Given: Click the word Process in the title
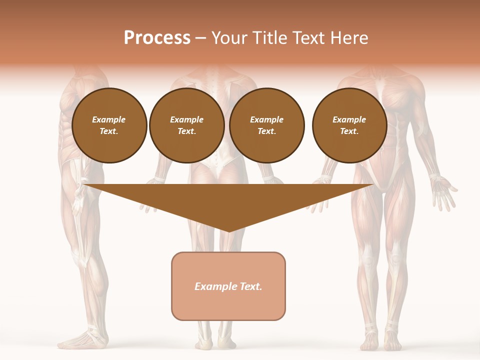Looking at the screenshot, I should (x=157, y=37).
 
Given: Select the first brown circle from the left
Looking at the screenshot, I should (x=109, y=125).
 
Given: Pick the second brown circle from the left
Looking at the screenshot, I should (x=187, y=125).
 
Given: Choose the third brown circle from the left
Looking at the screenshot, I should (x=266, y=125).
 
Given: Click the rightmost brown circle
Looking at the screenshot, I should (x=349, y=125).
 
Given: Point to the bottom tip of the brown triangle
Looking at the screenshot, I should (x=228, y=231).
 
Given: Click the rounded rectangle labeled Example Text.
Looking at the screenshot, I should (x=228, y=286).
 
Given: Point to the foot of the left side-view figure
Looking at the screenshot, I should (x=82, y=340).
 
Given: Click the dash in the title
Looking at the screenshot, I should (x=201, y=37).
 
